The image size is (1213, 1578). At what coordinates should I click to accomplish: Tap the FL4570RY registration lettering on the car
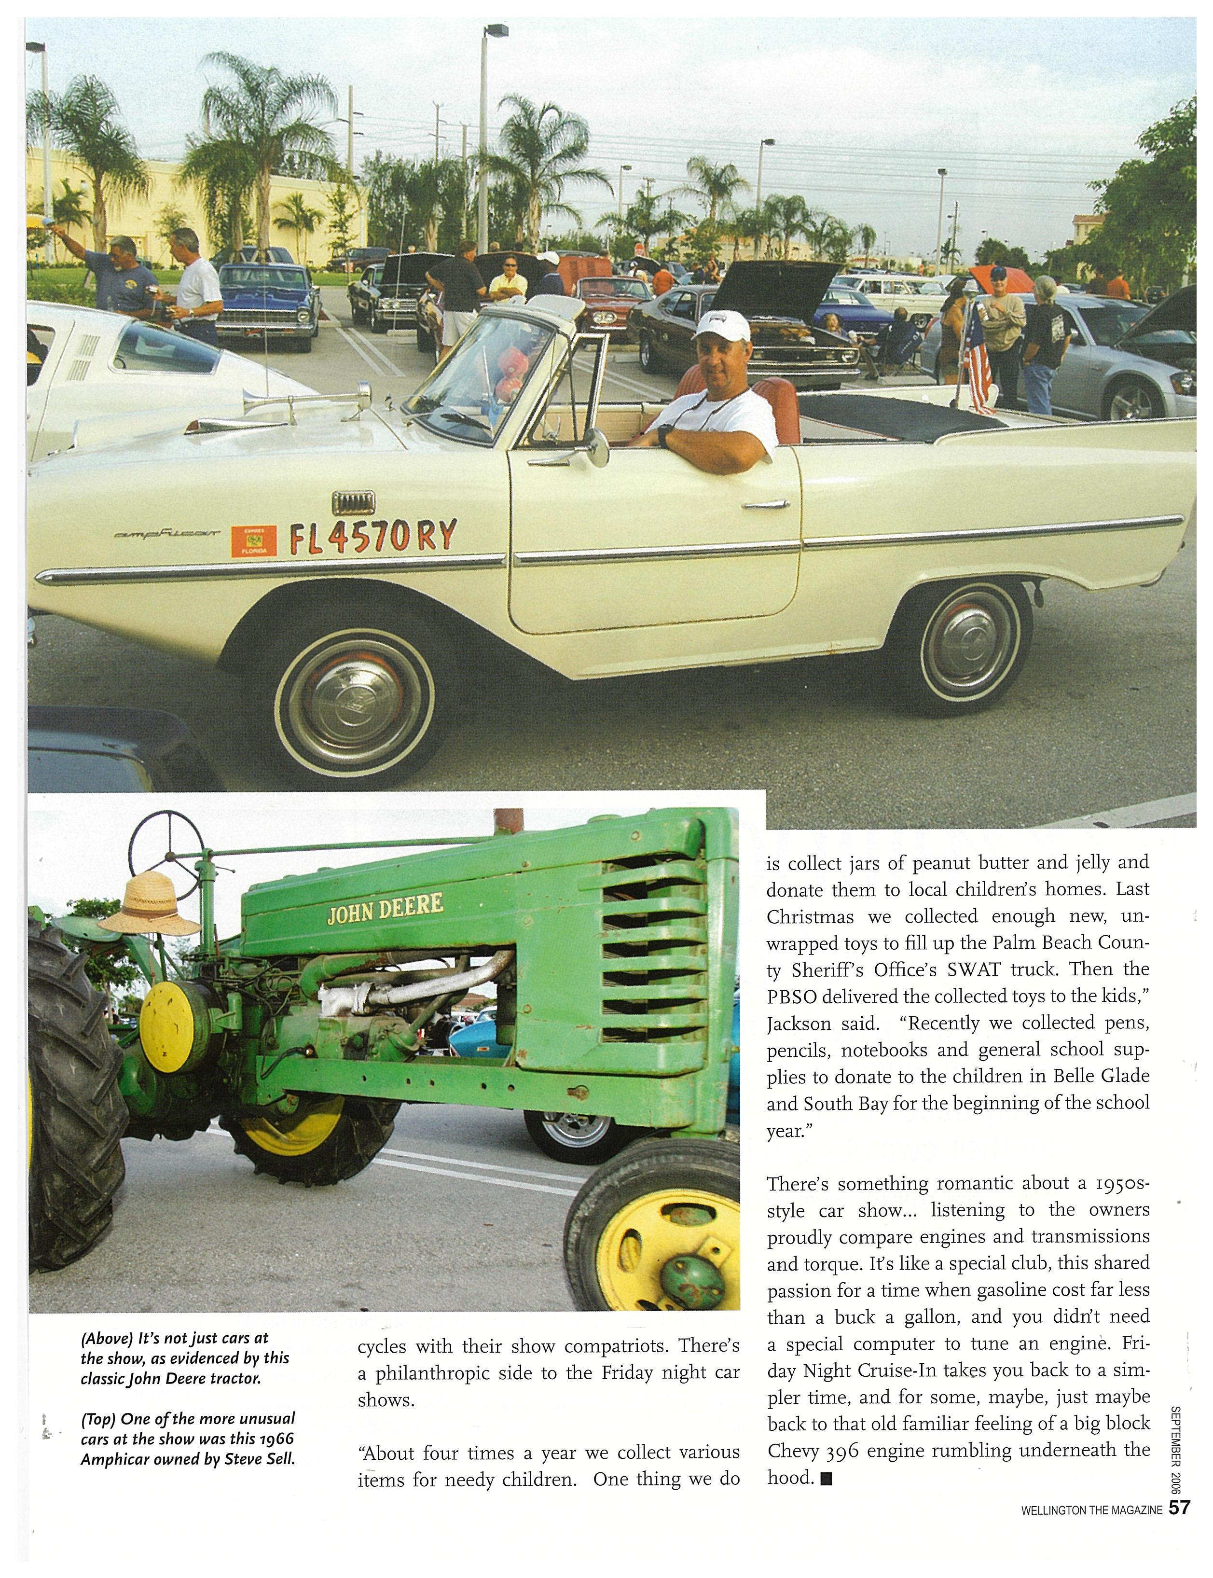tap(373, 537)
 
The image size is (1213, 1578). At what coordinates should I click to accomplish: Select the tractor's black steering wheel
tap(170, 842)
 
